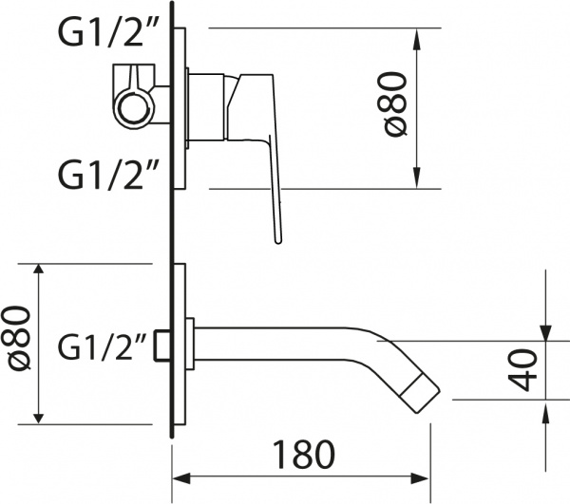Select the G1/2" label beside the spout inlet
click(x=105, y=346)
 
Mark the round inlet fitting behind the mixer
click(x=135, y=95)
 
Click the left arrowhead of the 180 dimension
click(x=182, y=476)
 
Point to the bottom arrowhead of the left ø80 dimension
click(x=39, y=414)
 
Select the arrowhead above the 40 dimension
click(x=548, y=327)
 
